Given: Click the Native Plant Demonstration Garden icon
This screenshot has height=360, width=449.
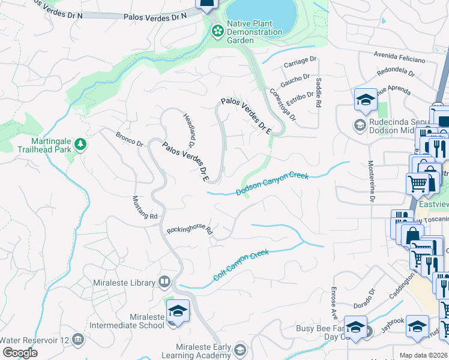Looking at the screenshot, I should coord(216,29).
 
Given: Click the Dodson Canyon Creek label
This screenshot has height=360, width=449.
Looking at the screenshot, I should coord(272,184).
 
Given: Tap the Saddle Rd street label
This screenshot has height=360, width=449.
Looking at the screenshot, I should coord(318,93).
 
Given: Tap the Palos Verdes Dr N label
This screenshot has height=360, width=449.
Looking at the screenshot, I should coord(155,16).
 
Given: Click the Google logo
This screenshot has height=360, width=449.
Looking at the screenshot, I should coord(20,353).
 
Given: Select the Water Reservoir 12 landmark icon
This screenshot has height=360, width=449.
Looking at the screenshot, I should coord(77,340).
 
